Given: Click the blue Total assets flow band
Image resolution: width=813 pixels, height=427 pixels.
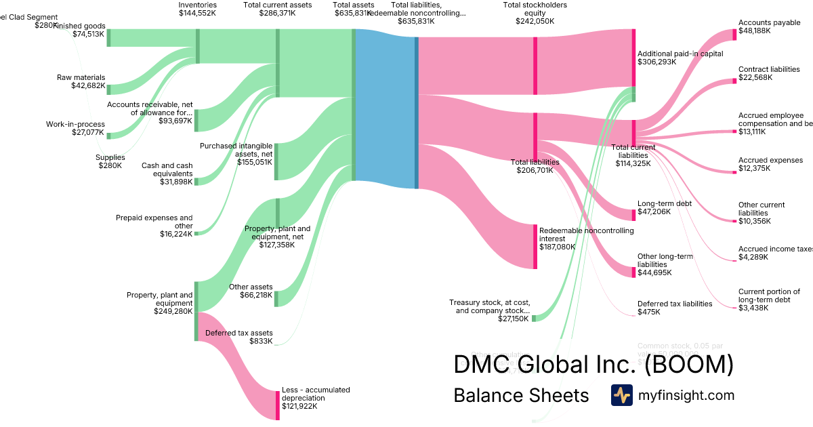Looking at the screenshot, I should coord(385,108).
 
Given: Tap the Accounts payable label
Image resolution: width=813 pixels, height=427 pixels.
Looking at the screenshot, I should coord(769,22).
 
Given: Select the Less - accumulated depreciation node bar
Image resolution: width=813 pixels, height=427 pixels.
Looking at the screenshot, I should coord(277,405).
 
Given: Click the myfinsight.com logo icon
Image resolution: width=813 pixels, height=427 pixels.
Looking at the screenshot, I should coord(621,395).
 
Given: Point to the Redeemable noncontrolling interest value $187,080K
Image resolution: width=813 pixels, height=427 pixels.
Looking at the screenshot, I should coord(558,247).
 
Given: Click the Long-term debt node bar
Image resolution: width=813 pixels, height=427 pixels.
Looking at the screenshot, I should coord(633,211).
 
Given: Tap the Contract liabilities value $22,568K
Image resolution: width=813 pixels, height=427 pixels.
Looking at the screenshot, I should coord(755,77).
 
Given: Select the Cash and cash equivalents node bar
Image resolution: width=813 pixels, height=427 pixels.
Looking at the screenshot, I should coord(196,181).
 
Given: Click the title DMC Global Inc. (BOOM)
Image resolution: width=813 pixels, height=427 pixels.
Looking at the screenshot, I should coord(593,365).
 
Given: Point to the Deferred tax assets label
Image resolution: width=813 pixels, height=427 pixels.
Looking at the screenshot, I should coord(238,333).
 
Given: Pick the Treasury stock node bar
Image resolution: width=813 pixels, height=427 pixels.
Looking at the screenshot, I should coord(534,318).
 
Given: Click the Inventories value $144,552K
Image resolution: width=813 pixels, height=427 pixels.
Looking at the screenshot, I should coord(197,13).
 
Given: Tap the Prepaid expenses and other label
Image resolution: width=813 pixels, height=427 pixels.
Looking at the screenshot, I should coord(154,222).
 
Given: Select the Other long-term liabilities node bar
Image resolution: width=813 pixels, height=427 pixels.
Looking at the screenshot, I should coord(633,267).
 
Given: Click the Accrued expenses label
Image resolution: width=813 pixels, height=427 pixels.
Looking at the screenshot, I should coord(770,160).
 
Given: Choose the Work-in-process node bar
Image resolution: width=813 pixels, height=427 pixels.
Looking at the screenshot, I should coord(108,136).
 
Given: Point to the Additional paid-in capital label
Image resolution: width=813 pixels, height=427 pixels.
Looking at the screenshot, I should coord(680,54).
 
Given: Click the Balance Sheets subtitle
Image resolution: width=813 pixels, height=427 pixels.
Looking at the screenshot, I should coord(521,395).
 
